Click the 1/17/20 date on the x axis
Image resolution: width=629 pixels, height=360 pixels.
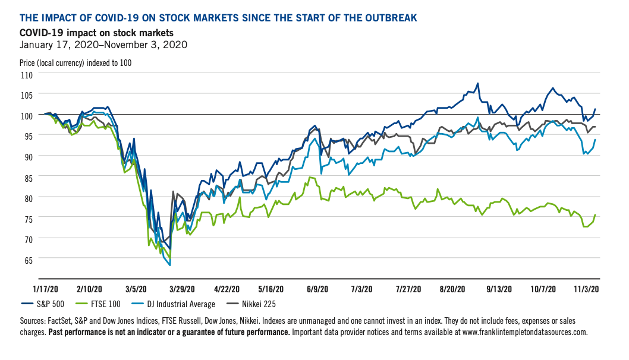(x=46, y=288)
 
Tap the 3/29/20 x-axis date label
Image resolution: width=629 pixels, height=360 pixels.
(x=182, y=288)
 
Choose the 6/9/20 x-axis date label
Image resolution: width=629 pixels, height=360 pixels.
(x=317, y=288)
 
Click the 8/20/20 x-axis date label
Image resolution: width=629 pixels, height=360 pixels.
(x=452, y=288)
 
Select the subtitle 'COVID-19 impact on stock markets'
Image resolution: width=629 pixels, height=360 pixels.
(x=96, y=32)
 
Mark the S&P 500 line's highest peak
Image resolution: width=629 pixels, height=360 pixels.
(x=477, y=84)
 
